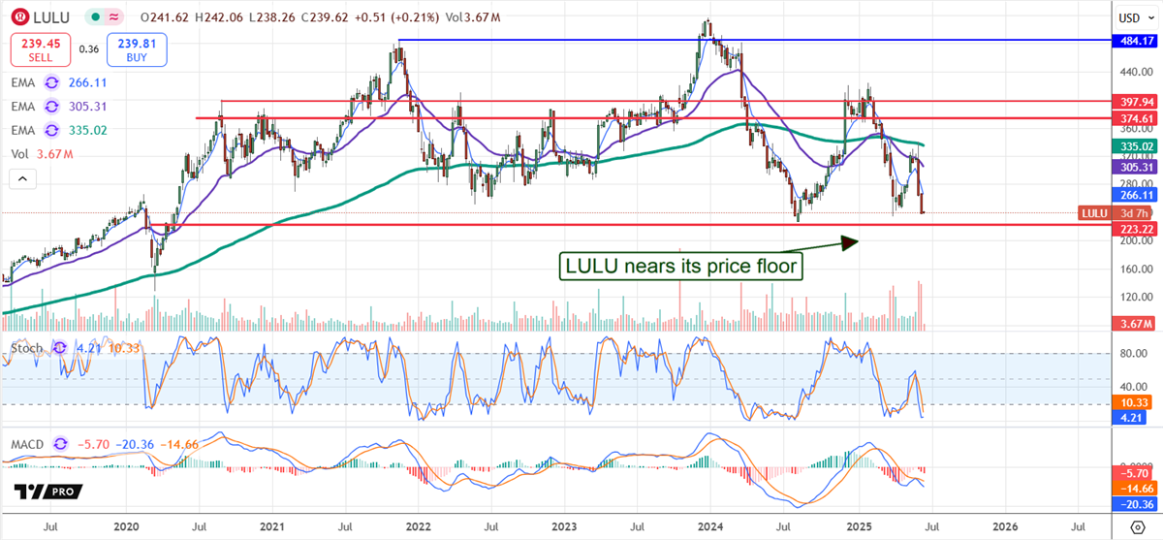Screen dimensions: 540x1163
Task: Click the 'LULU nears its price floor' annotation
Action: pyautogui.click(x=681, y=265)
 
